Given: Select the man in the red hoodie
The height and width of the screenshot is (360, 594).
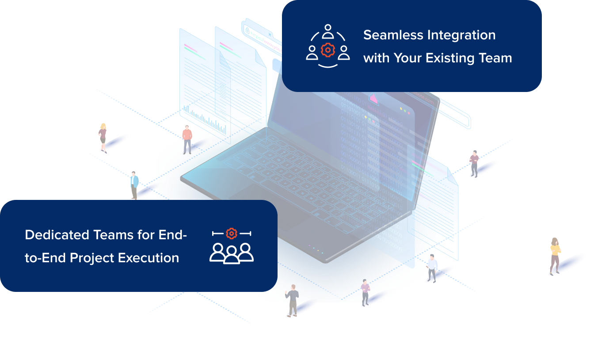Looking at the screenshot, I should pos(187,139).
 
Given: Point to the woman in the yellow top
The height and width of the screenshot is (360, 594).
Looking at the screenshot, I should pos(555,256).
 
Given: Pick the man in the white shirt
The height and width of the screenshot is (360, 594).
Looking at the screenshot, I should pos(432,268).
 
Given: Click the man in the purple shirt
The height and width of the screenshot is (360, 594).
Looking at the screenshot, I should pos(365,292).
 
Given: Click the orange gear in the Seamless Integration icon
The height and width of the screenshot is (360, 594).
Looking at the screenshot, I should pos(327,50).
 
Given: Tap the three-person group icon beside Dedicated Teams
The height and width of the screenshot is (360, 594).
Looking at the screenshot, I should pos(231,253).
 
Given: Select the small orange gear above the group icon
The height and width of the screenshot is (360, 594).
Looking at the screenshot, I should pos(231,233).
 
